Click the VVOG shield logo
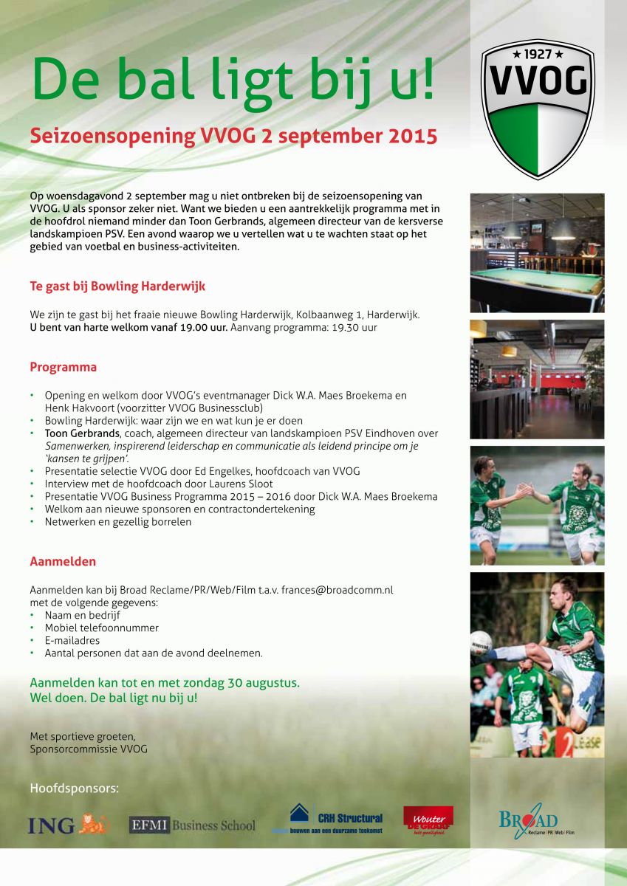tap(538, 109)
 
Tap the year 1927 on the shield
tap(538, 55)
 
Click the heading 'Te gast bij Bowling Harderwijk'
tap(117, 286)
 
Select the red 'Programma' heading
tap(63, 367)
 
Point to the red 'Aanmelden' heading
tap(63, 561)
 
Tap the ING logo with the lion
tap(69, 824)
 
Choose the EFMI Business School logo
tap(192, 825)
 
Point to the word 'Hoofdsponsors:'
tap(74, 789)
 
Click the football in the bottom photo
tap(481, 642)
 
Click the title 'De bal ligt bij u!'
tap(233, 79)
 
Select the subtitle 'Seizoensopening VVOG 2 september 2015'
tap(233, 137)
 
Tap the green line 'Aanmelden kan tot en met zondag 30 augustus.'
tap(165, 683)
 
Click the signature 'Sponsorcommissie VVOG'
tap(89, 749)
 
